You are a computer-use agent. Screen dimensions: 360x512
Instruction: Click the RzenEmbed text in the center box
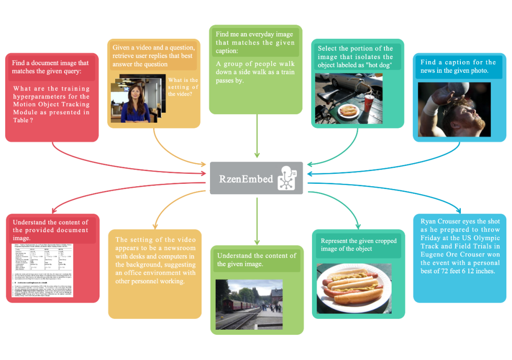246,179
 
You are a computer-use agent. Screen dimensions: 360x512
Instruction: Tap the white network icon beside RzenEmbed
288,178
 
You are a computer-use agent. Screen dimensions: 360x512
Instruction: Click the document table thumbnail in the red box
53,270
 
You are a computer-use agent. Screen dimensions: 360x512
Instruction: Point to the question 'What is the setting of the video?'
183,87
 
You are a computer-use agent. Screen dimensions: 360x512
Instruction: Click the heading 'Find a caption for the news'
458,63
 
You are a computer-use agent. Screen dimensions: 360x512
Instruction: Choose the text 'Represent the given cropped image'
358,241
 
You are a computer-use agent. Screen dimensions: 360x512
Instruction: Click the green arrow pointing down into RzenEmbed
257,154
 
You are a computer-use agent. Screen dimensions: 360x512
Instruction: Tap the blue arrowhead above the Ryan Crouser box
458,210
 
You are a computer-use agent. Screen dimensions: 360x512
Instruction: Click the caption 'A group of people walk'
255,64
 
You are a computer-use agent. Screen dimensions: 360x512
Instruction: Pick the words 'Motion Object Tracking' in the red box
51,104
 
